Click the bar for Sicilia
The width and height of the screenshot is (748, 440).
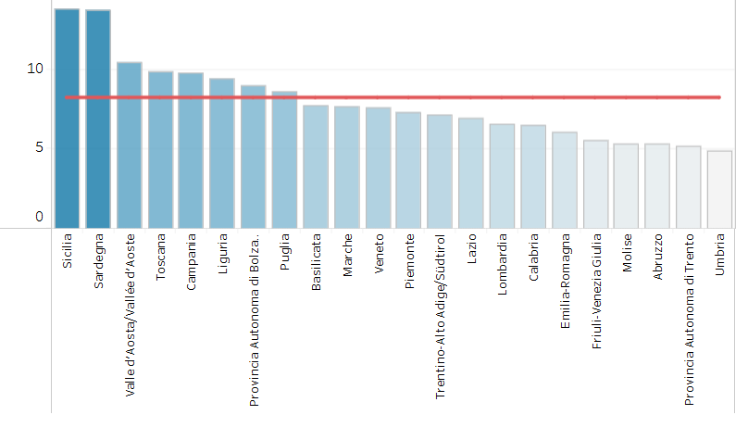(x=67, y=119)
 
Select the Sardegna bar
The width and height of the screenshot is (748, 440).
(x=98, y=119)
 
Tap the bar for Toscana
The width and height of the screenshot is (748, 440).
(x=161, y=150)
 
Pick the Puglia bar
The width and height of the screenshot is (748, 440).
(x=285, y=160)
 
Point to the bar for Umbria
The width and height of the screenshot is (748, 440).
(x=720, y=190)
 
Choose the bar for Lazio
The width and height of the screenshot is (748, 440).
(x=471, y=173)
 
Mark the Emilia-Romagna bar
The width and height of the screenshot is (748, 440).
(x=565, y=180)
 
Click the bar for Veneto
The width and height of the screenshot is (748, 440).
(x=379, y=168)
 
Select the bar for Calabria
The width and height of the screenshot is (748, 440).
(x=533, y=177)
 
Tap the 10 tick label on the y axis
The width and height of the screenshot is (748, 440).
(x=35, y=69)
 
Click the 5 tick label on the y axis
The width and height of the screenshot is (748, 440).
(x=39, y=147)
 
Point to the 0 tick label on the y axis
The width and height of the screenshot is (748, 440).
(x=39, y=217)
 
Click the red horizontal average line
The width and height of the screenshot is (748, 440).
(x=393, y=97)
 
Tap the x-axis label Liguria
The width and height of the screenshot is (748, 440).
(x=223, y=254)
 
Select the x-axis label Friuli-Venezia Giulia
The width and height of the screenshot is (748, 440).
(x=596, y=291)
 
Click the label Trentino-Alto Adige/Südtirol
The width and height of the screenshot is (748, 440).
(x=440, y=317)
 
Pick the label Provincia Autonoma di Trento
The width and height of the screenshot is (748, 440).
(x=689, y=320)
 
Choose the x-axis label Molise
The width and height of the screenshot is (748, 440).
(x=628, y=253)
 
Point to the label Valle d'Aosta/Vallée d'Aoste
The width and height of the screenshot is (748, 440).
(x=130, y=315)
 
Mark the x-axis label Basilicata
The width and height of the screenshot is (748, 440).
(x=316, y=262)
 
